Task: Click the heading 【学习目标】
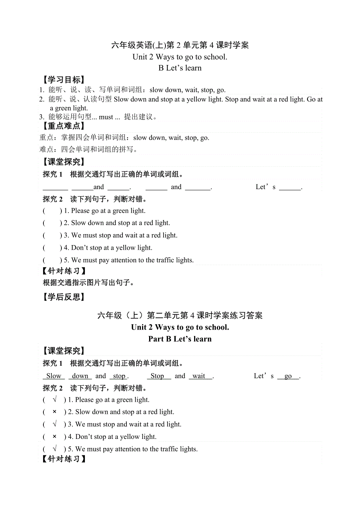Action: point(63,80)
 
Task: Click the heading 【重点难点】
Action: point(63,126)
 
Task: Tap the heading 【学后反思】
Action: point(63,297)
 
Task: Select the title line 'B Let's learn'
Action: point(180,68)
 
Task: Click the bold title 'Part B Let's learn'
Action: point(180,339)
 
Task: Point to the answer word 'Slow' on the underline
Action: point(54,376)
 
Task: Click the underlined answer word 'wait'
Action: point(199,376)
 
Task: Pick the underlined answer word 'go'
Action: point(288,376)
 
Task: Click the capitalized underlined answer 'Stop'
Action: point(157,376)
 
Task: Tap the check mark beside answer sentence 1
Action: point(54,400)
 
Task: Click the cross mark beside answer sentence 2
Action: point(54,412)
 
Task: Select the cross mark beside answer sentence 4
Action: point(54,437)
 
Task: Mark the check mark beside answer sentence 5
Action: point(54,449)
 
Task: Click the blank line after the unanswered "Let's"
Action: point(290,187)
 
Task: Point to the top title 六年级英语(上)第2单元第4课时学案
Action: point(180,45)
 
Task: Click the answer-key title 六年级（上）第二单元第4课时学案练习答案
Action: point(180,316)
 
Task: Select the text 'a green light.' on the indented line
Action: point(69,108)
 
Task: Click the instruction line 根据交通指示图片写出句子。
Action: point(88,283)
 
